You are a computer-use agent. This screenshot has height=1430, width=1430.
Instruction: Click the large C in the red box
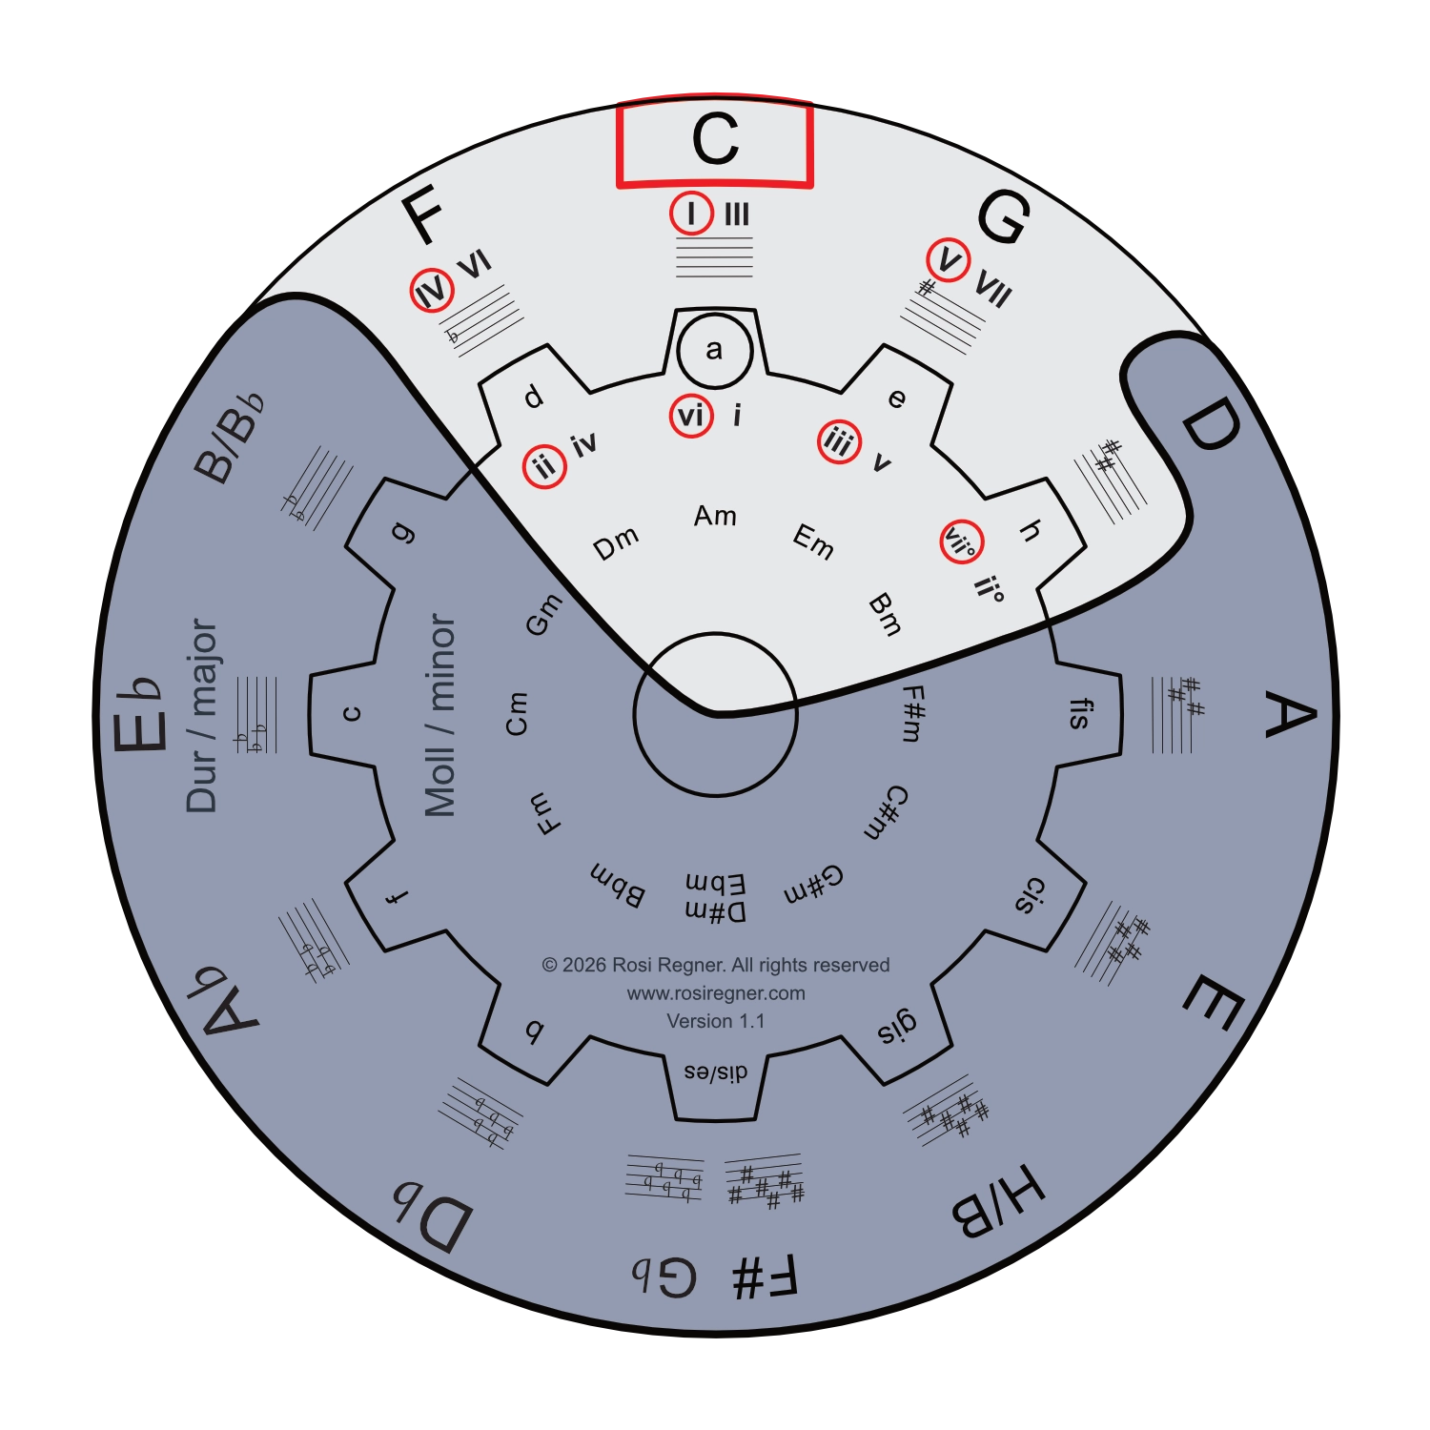(x=715, y=139)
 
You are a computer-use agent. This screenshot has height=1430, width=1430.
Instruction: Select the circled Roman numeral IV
(x=432, y=291)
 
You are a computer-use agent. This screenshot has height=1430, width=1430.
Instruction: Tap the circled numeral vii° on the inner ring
(x=961, y=542)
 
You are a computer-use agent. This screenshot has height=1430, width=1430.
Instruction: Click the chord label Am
(x=715, y=516)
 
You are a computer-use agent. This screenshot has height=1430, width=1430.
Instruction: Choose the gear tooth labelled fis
(x=1080, y=713)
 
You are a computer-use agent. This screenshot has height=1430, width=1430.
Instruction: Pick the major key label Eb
(x=136, y=714)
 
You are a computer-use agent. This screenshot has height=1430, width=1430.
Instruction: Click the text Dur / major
(x=202, y=715)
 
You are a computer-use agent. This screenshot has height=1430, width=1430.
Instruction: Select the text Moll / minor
(x=439, y=715)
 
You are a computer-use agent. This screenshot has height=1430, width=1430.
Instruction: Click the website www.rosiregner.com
(x=716, y=993)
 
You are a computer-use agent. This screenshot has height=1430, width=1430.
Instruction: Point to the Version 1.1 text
(x=716, y=1021)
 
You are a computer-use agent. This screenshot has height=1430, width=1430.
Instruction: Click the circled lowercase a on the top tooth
(x=715, y=350)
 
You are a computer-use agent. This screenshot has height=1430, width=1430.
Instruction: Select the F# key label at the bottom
(x=765, y=1277)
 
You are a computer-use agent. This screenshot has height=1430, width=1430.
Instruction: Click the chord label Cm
(x=516, y=713)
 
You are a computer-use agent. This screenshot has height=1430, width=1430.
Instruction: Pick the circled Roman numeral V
(x=949, y=259)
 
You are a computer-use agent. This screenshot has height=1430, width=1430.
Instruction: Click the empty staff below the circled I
(x=715, y=257)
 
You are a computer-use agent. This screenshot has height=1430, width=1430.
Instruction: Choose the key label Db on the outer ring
(x=432, y=1217)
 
